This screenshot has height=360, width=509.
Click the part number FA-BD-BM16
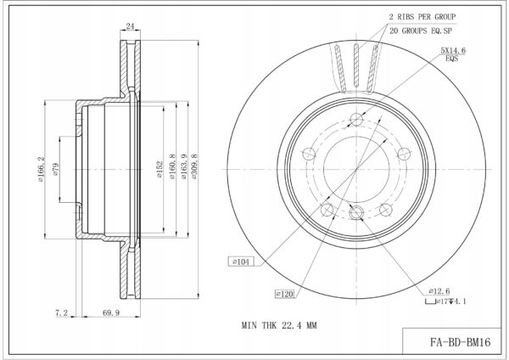point(461,342)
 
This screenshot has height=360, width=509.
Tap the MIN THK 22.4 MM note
point(279,325)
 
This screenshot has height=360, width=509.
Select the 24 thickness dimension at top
point(130,26)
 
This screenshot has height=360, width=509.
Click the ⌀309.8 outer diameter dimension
point(194,166)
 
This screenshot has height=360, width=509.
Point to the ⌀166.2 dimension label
point(41,169)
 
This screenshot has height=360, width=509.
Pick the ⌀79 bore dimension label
point(55,169)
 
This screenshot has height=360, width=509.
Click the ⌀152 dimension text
point(159,169)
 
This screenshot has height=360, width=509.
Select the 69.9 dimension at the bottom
point(111,313)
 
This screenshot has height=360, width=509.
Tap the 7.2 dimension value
point(61,313)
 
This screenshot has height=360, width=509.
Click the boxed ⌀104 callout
point(241,262)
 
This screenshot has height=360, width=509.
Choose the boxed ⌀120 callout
point(285,294)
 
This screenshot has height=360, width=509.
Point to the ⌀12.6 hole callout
point(439,290)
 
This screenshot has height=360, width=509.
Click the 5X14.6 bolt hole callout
point(453,50)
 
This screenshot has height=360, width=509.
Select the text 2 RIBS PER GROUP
point(422,17)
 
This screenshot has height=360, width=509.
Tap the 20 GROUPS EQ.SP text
point(421,31)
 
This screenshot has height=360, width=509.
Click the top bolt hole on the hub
point(356,119)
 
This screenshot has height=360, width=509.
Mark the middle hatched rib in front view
point(356,65)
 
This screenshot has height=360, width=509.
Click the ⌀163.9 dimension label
point(184,166)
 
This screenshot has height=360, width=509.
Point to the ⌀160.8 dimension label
point(172,166)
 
